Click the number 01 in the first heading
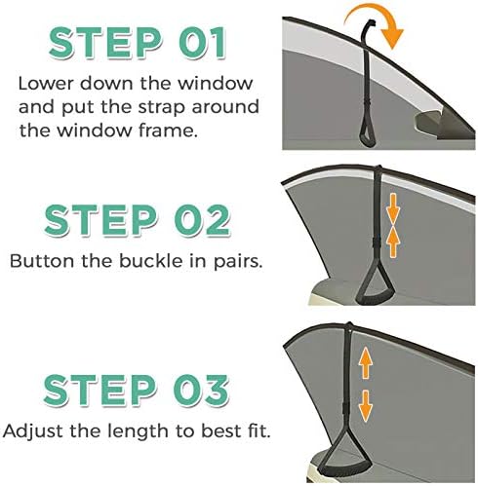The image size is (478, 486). point(202,42)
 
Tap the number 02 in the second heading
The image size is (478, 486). point(202,219)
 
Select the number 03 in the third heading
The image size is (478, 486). point(201,390)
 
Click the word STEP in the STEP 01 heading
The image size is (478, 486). point(105,42)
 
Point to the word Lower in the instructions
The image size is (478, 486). point(47,84)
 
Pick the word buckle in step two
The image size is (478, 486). point(151,261)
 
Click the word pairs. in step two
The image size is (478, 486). point(237,262)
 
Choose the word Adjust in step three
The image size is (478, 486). point(32,431)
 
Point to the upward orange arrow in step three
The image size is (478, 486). point(366,362)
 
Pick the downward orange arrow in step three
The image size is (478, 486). point(366,406)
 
